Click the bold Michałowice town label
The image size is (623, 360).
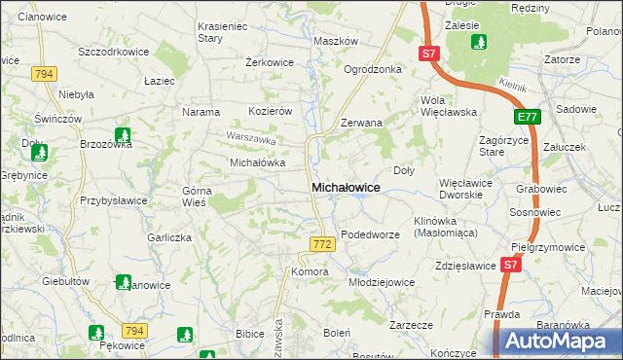345,186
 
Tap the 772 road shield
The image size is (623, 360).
323,241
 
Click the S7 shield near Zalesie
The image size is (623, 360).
430,54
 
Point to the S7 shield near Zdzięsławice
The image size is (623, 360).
510,264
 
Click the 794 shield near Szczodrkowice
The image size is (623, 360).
43,74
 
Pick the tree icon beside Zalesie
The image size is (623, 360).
478,42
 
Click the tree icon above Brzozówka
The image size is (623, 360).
123,136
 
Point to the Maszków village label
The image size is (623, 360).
336,42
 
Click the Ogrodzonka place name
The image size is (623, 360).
373,69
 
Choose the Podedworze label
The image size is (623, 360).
371,234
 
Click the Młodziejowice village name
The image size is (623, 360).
382,282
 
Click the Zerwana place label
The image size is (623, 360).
361,125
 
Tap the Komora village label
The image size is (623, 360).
310,271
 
